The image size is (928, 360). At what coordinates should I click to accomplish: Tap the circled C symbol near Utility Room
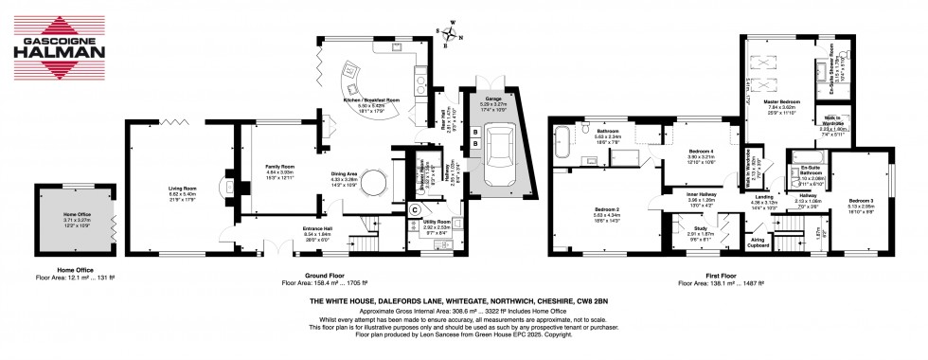(x=415, y=209)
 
